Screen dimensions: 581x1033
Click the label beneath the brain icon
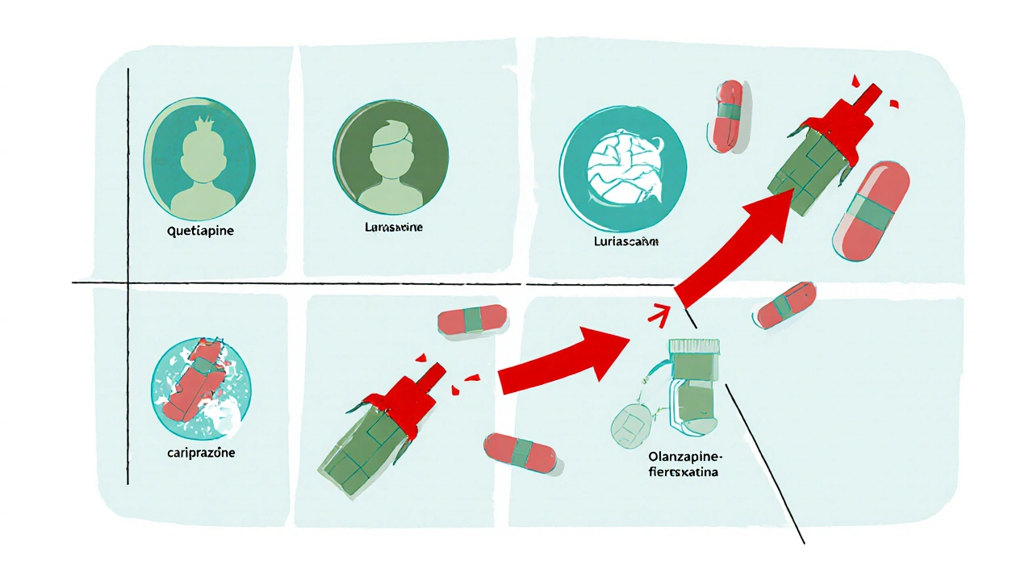[x=622, y=240]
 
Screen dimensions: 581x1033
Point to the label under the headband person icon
[x=388, y=228]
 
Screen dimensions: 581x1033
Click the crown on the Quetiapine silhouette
[x=198, y=127]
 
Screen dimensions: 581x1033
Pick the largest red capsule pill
[x=870, y=209]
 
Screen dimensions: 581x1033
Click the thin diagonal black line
[x=767, y=464]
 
